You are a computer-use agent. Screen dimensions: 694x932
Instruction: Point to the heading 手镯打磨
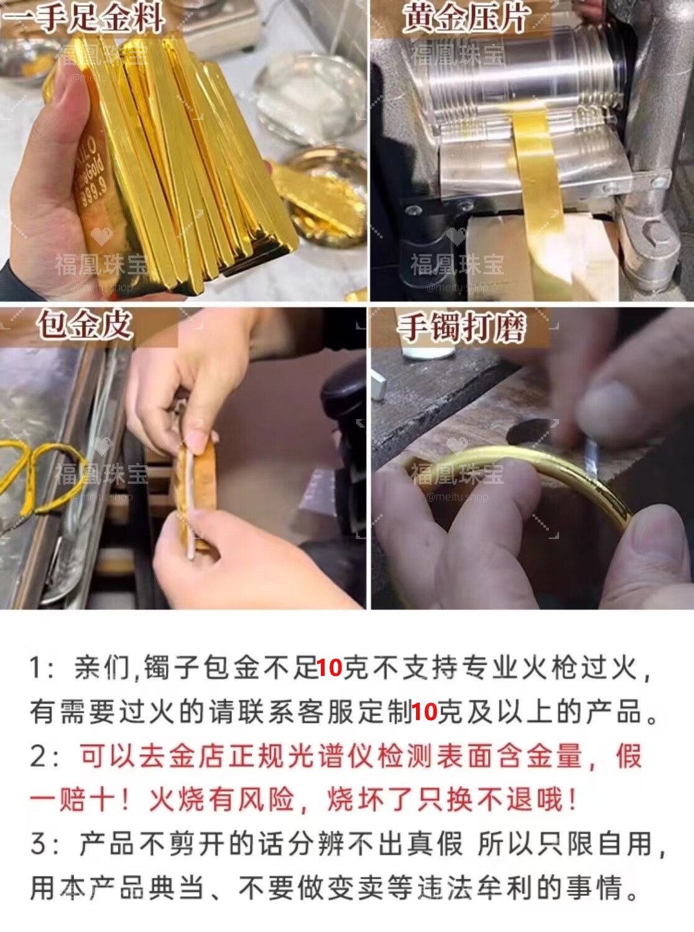click(461, 327)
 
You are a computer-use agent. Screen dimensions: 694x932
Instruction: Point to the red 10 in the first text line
click(330, 668)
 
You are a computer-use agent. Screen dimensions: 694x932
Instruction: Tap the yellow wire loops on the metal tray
click(42, 478)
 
